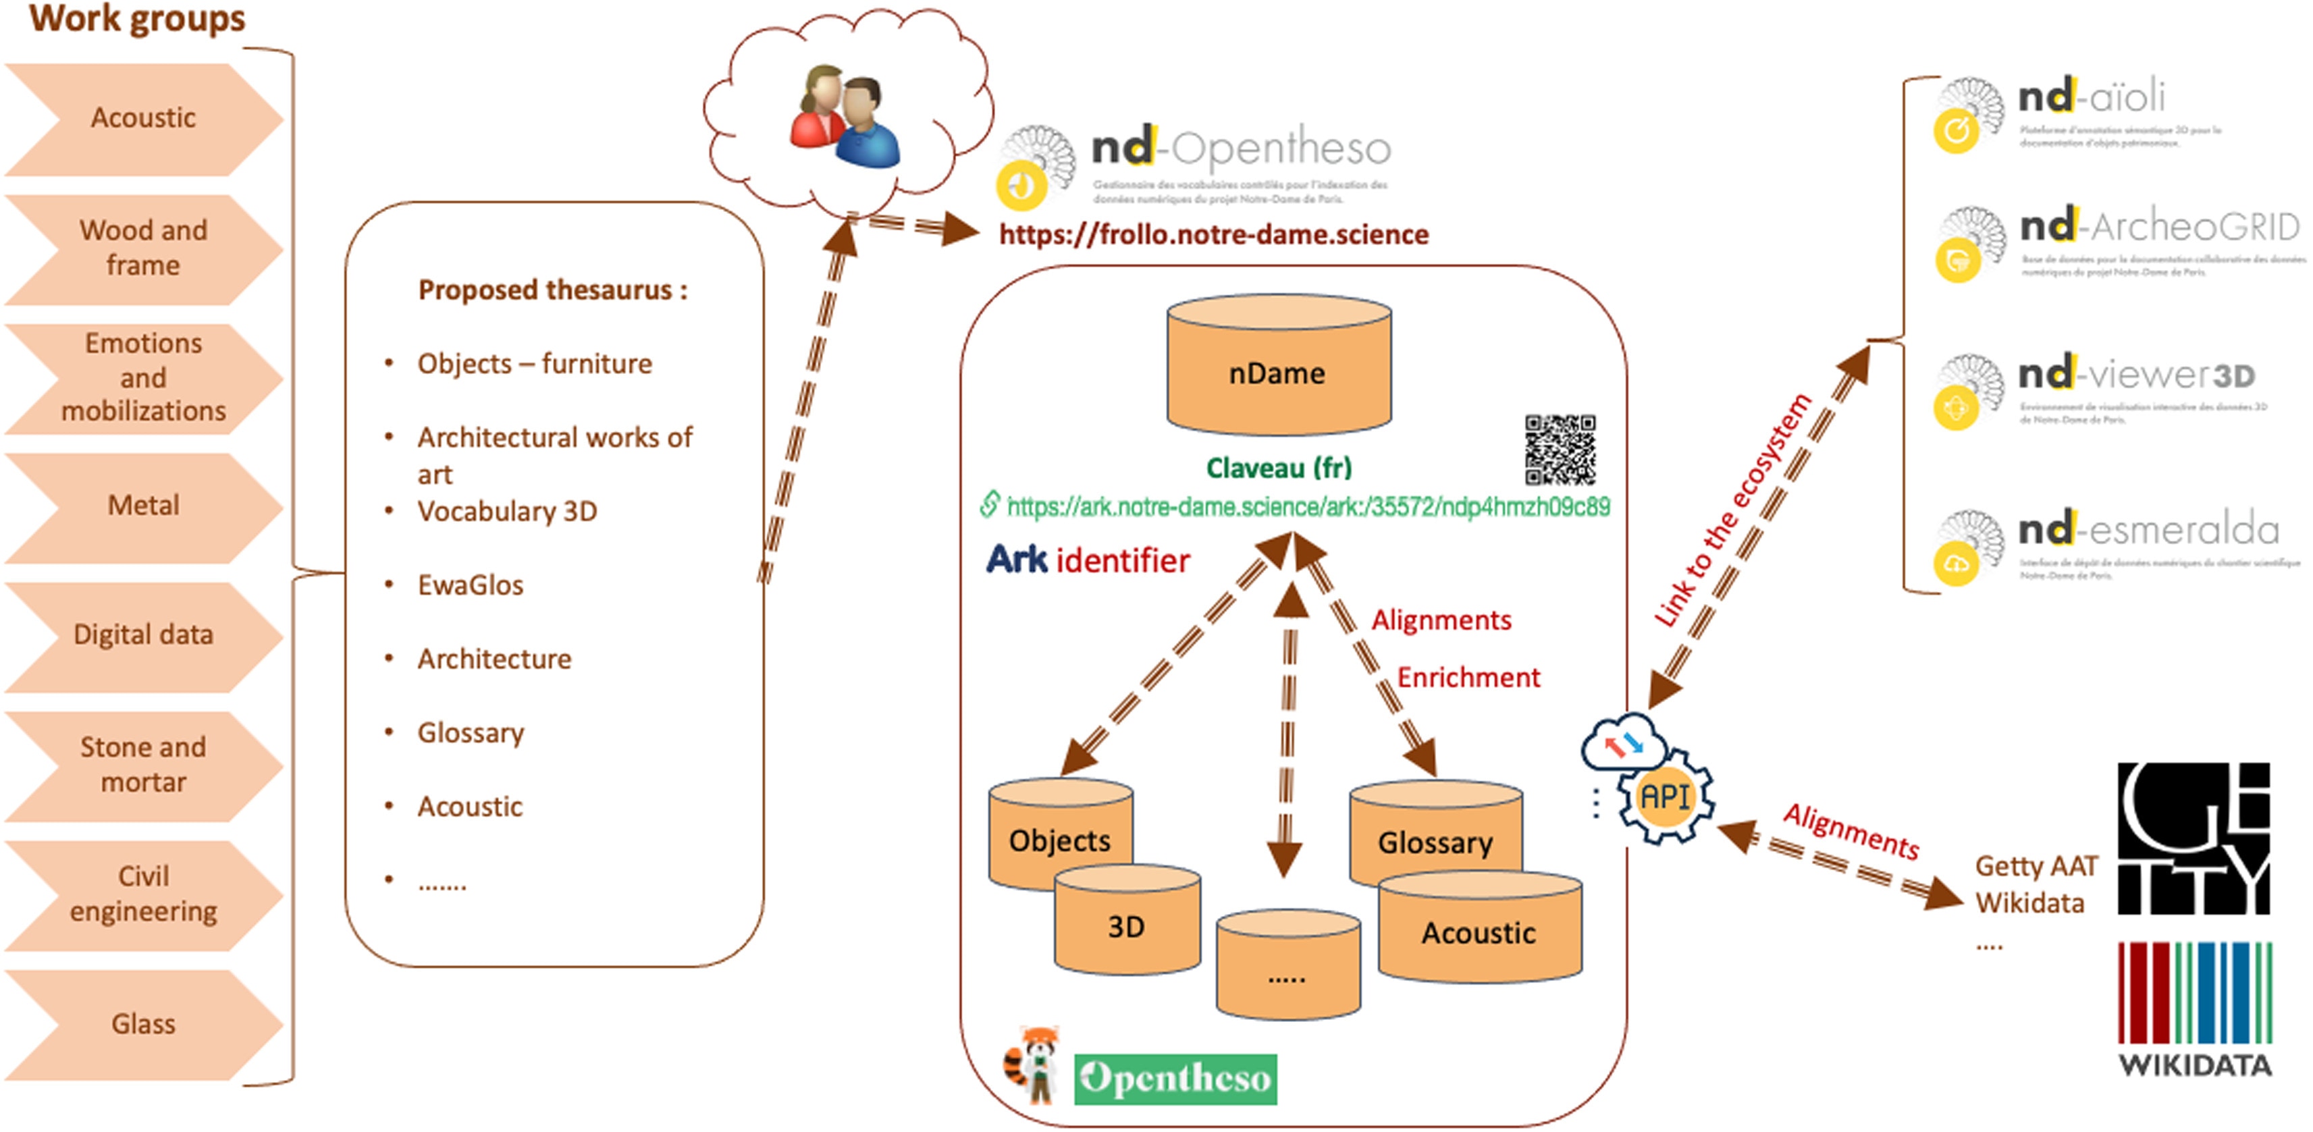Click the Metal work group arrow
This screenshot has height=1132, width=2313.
point(144,506)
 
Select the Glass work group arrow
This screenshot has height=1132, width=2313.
point(144,1024)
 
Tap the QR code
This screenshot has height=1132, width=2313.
point(1560,450)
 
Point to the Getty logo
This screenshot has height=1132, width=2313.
point(2194,838)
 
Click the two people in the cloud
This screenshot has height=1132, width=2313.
point(846,117)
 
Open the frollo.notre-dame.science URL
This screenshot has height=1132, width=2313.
point(1214,235)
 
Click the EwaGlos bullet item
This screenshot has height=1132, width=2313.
point(471,585)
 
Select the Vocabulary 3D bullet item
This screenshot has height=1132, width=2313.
point(507,512)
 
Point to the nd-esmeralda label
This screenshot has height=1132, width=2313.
point(2149,531)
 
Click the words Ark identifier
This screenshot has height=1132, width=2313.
point(1088,560)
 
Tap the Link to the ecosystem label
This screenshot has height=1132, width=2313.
point(1733,509)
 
